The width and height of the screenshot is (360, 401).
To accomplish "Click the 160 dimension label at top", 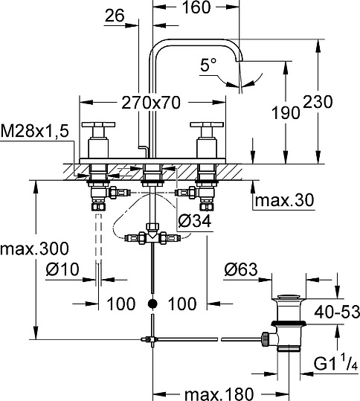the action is [x=196, y=7].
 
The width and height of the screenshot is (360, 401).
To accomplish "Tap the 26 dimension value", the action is [x=115, y=16].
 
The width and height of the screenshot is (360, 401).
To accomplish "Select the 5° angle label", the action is [x=208, y=65].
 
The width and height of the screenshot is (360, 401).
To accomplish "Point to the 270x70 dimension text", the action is [x=151, y=103].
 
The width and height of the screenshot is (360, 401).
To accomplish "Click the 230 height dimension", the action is [x=318, y=102].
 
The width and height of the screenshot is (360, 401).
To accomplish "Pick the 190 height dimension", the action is [x=286, y=113].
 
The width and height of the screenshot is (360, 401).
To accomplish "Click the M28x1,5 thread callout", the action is [x=35, y=132].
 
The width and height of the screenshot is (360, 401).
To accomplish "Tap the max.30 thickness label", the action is [x=284, y=200].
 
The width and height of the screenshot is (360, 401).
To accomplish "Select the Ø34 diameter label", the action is [x=195, y=221].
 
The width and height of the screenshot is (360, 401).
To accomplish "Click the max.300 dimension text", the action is [x=34, y=248].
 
